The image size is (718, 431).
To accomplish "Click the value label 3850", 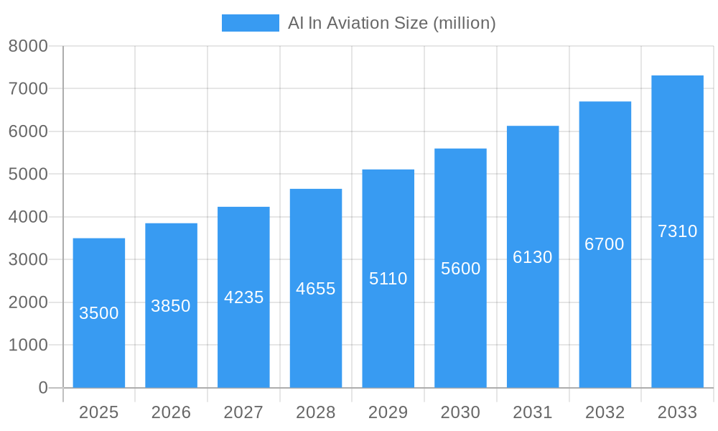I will (171, 306).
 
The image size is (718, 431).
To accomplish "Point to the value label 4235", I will (243, 297).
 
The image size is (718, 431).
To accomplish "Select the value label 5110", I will (388, 279).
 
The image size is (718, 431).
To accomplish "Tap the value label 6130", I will (532, 257).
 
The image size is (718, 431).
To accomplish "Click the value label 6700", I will (605, 244).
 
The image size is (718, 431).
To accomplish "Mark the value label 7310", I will (677, 231).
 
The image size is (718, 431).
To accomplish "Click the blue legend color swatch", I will (250, 23).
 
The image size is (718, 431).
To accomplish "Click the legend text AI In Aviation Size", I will (391, 23).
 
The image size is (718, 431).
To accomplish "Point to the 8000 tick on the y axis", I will (28, 46).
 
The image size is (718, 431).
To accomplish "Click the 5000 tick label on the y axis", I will (28, 174).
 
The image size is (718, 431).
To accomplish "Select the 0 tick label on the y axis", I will (42, 388).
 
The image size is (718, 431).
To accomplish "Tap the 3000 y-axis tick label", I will (28, 259).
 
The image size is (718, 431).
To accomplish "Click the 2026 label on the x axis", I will (171, 412).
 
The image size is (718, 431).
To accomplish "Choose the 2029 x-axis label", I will (388, 412).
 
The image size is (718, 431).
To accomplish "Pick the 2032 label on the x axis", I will (605, 412).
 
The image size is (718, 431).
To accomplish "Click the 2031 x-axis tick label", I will (532, 412).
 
